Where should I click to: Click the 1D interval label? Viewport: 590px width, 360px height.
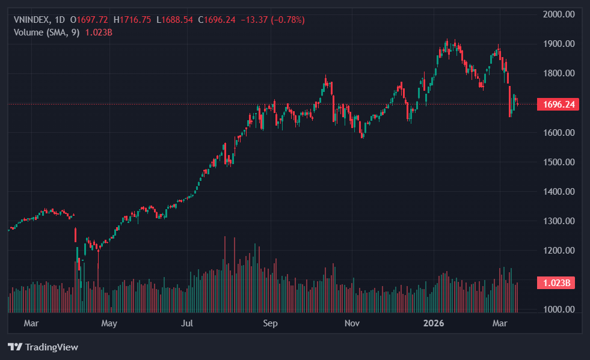60,20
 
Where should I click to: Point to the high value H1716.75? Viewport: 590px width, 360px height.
133,20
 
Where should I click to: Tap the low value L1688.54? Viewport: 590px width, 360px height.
175,20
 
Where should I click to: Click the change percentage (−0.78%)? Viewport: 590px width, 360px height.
281,20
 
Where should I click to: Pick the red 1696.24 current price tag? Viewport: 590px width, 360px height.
559,105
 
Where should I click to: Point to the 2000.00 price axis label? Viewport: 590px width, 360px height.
559,14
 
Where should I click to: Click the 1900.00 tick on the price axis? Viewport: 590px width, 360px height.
559,44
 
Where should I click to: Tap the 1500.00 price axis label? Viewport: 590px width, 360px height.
559,162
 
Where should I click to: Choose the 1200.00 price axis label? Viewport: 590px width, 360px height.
559,251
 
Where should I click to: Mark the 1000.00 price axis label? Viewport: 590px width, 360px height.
559,310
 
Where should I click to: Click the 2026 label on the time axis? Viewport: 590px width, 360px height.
434,324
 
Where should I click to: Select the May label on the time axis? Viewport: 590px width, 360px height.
109,324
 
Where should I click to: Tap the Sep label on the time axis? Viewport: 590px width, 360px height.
270,324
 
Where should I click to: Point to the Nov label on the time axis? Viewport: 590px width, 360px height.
352,324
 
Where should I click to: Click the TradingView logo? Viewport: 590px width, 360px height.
43,347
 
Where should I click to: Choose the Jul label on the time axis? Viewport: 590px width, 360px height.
188,324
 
